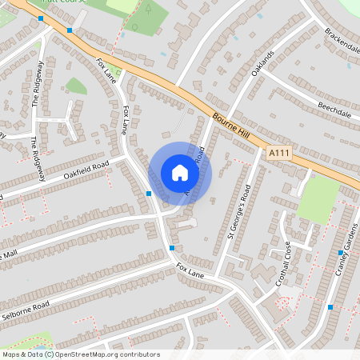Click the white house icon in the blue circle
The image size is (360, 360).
[180, 173]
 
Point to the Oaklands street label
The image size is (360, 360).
[262, 62]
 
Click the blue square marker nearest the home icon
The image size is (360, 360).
[149, 194]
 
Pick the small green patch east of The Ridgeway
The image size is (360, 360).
[76, 86]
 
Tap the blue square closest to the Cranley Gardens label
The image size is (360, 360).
[340, 253]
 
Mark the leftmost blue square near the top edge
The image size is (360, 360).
[41, 18]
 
